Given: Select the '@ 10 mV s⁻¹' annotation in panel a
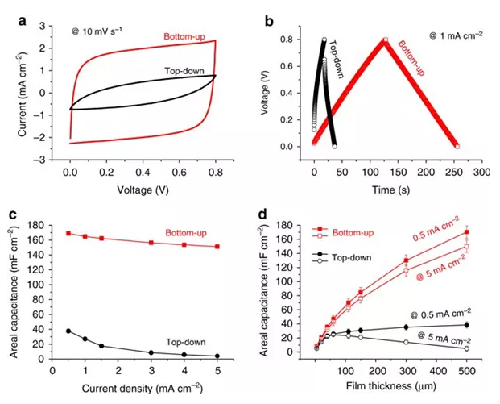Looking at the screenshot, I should click(x=93, y=30).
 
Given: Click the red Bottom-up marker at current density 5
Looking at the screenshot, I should click(x=217, y=247).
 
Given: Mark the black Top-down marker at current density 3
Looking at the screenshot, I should click(x=151, y=352).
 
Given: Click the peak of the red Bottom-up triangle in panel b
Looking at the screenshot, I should click(x=385, y=39).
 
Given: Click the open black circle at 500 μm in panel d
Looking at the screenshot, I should click(x=466, y=348).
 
